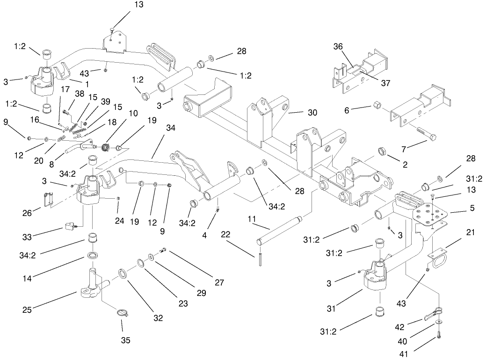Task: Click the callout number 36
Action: [338, 46]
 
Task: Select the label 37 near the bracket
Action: [385, 83]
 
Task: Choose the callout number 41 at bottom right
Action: [405, 353]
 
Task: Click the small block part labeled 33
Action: [70, 227]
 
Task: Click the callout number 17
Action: [65, 89]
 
